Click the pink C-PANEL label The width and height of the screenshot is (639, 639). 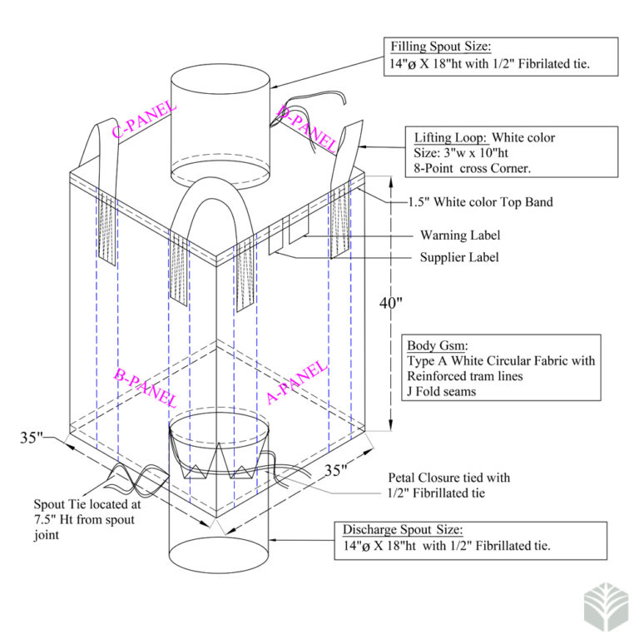pyautogui.click(x=143, y=119)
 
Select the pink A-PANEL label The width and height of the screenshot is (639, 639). pyautogui.click(x=296, y=383)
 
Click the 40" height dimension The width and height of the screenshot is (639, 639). pyautogui.click(x=390, y=304)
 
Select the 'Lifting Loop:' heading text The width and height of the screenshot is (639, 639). pyautogui.click(x=450, y=137)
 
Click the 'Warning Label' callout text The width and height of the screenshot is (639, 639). pyautogui.click(x=460, y=236)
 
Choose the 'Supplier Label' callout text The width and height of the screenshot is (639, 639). pyautogui.click(x=459, y=257)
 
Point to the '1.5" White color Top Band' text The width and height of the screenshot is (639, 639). pyautogui.click(x=480, y=202)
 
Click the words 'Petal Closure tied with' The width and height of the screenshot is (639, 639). pyautogui.click(x=449, y=478)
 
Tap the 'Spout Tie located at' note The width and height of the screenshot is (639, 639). pyautogui.click(x=85, y=504)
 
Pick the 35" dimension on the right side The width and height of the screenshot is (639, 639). pyautogui.click(x=335, y=470)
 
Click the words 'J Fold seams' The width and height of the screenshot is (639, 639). pyautogui.click(x=441, y=391)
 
